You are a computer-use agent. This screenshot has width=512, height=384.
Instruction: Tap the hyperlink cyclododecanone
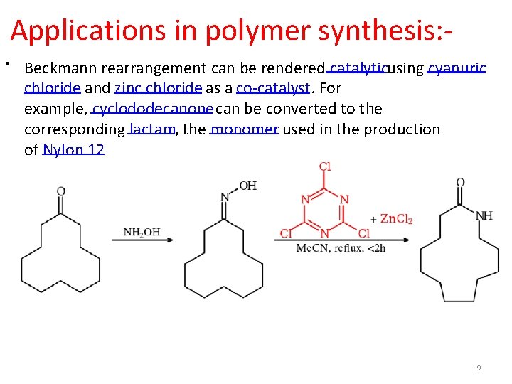(152, 109)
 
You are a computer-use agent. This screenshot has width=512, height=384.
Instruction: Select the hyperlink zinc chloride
(159, 88)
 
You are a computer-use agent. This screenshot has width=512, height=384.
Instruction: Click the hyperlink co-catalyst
(273, 88)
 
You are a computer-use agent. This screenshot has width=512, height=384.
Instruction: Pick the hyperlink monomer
(244, 129)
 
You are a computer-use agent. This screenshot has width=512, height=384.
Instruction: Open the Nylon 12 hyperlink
(73, 149)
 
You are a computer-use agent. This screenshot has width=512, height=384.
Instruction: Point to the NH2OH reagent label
(142, 232)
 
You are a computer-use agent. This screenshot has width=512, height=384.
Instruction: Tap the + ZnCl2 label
(392, 219)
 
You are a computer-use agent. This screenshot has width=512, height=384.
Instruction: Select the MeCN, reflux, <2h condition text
(340, 247)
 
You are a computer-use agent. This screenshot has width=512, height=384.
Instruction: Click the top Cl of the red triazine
(324, 167)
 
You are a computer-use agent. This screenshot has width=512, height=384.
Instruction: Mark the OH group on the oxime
(247, 186)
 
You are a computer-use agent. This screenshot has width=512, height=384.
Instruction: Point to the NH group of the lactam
(484, 215)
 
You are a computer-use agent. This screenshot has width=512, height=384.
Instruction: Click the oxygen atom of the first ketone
(61, 191)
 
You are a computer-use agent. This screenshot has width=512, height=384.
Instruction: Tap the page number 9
(479, 368)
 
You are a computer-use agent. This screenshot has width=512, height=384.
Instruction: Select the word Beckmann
(60, 68)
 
